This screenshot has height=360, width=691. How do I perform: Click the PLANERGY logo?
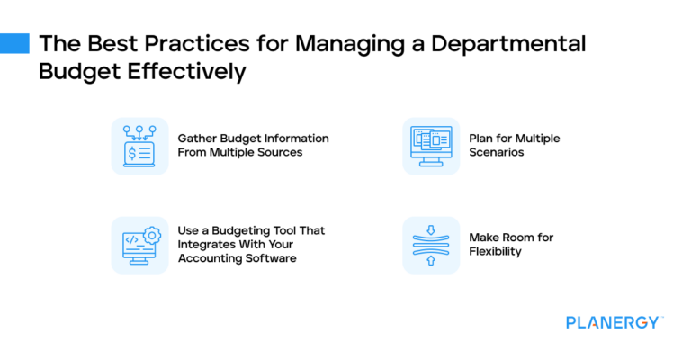click(x=615, y=322)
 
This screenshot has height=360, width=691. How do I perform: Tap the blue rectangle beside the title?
click(x=14, y=43)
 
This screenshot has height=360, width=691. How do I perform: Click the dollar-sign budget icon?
click(x=139, y=146)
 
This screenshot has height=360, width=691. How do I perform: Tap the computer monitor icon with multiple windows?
click(x=431, y=146)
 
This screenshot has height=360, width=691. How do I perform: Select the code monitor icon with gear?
click(x=139, y=245)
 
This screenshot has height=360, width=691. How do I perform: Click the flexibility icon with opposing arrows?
click(x=431, y=245)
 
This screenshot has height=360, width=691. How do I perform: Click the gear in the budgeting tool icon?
click(x=152, y=236)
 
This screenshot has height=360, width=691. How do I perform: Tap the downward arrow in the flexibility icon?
click(x=431, y=229)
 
